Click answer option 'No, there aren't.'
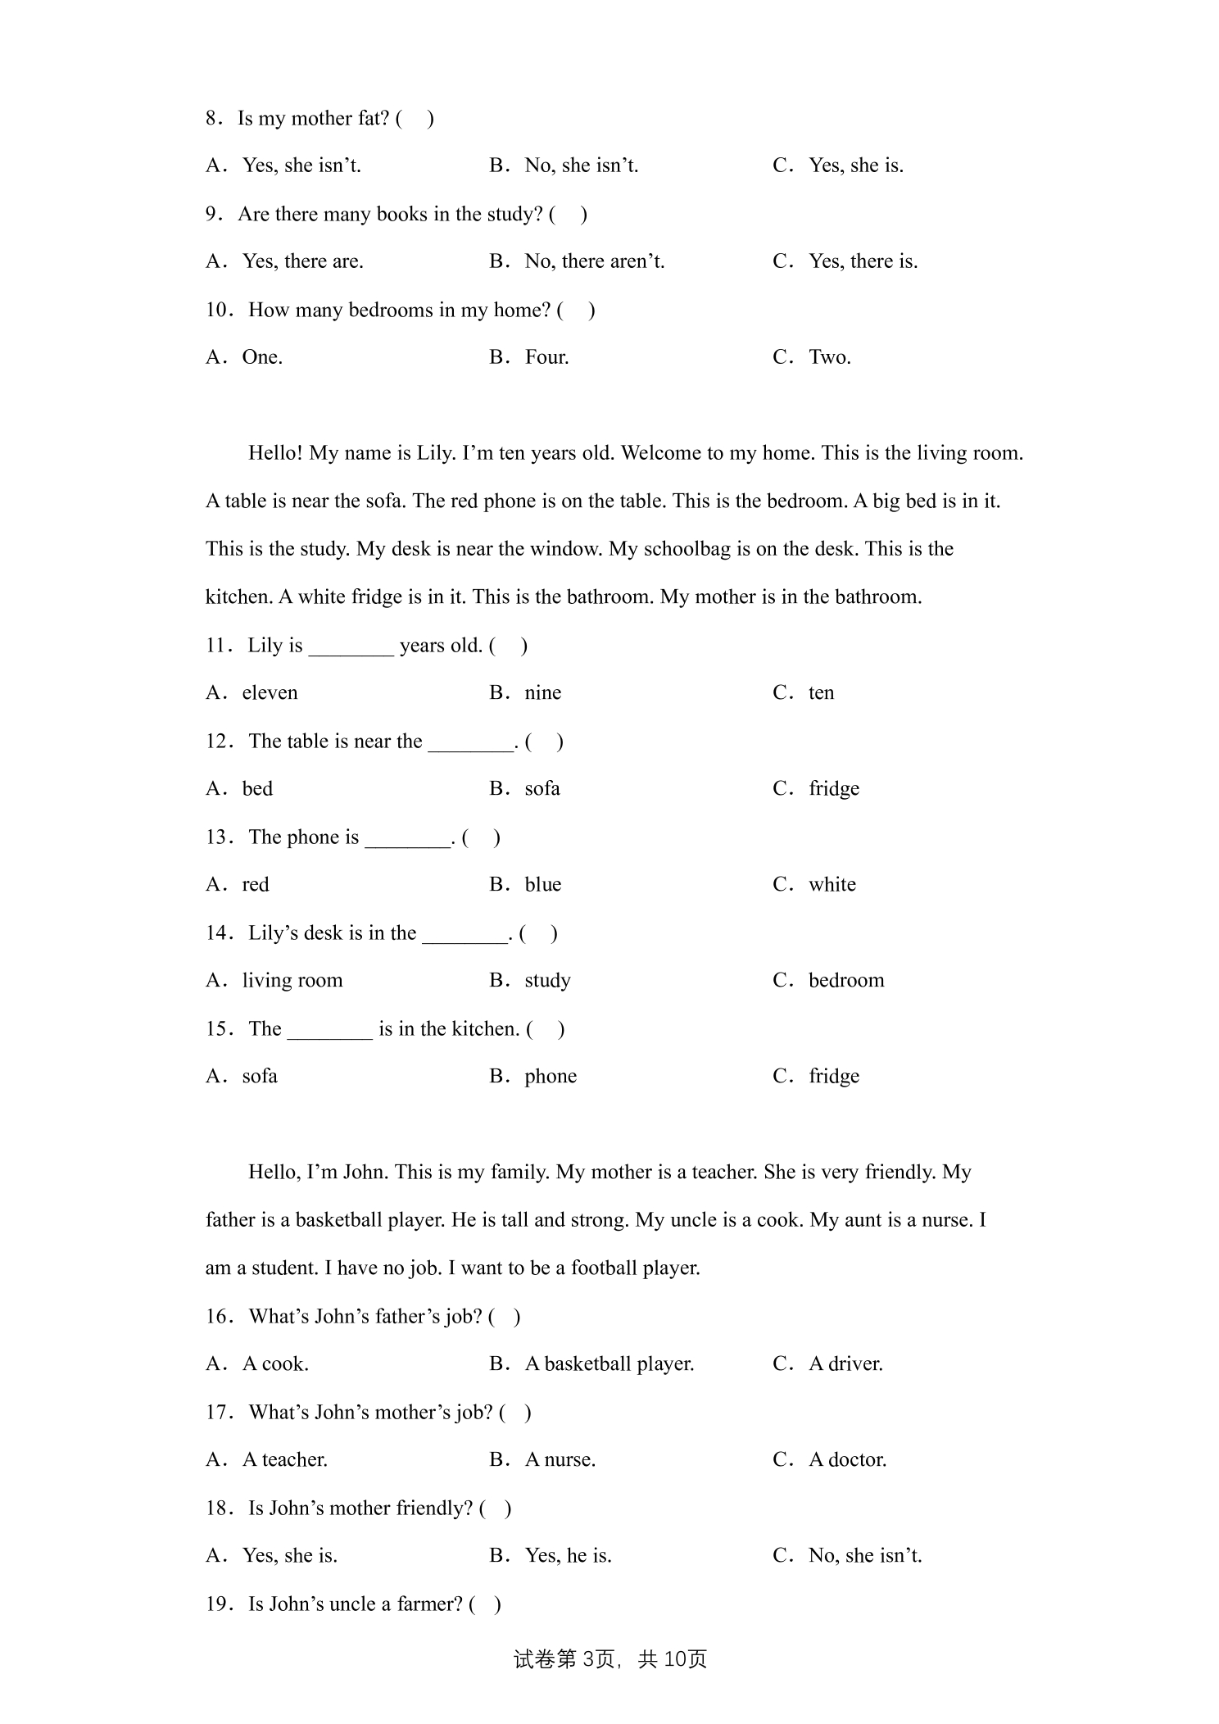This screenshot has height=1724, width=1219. (594, 261)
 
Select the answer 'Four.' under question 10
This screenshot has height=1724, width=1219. (546, 357)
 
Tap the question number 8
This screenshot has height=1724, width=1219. (214, 119)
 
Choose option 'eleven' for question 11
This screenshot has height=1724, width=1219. (270, 693)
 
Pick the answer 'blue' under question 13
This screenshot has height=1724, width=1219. (542, 885)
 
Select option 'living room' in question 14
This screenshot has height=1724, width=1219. (292, 981)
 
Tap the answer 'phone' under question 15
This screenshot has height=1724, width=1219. (551, 1077)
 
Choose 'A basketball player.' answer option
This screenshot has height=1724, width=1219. (609, 1364)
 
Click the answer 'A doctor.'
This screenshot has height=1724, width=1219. (847, 1460)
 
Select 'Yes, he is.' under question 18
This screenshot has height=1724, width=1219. (568, 1556)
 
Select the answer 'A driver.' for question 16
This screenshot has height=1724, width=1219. (845, 1364)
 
